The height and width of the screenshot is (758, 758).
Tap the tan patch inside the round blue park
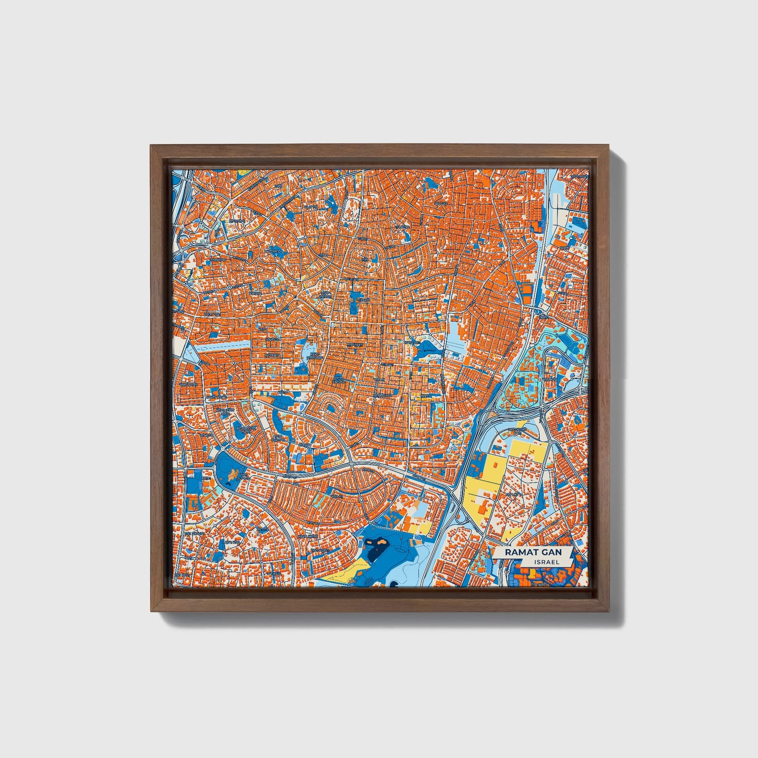[230, 475]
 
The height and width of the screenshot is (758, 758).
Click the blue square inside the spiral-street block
[338, 377]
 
